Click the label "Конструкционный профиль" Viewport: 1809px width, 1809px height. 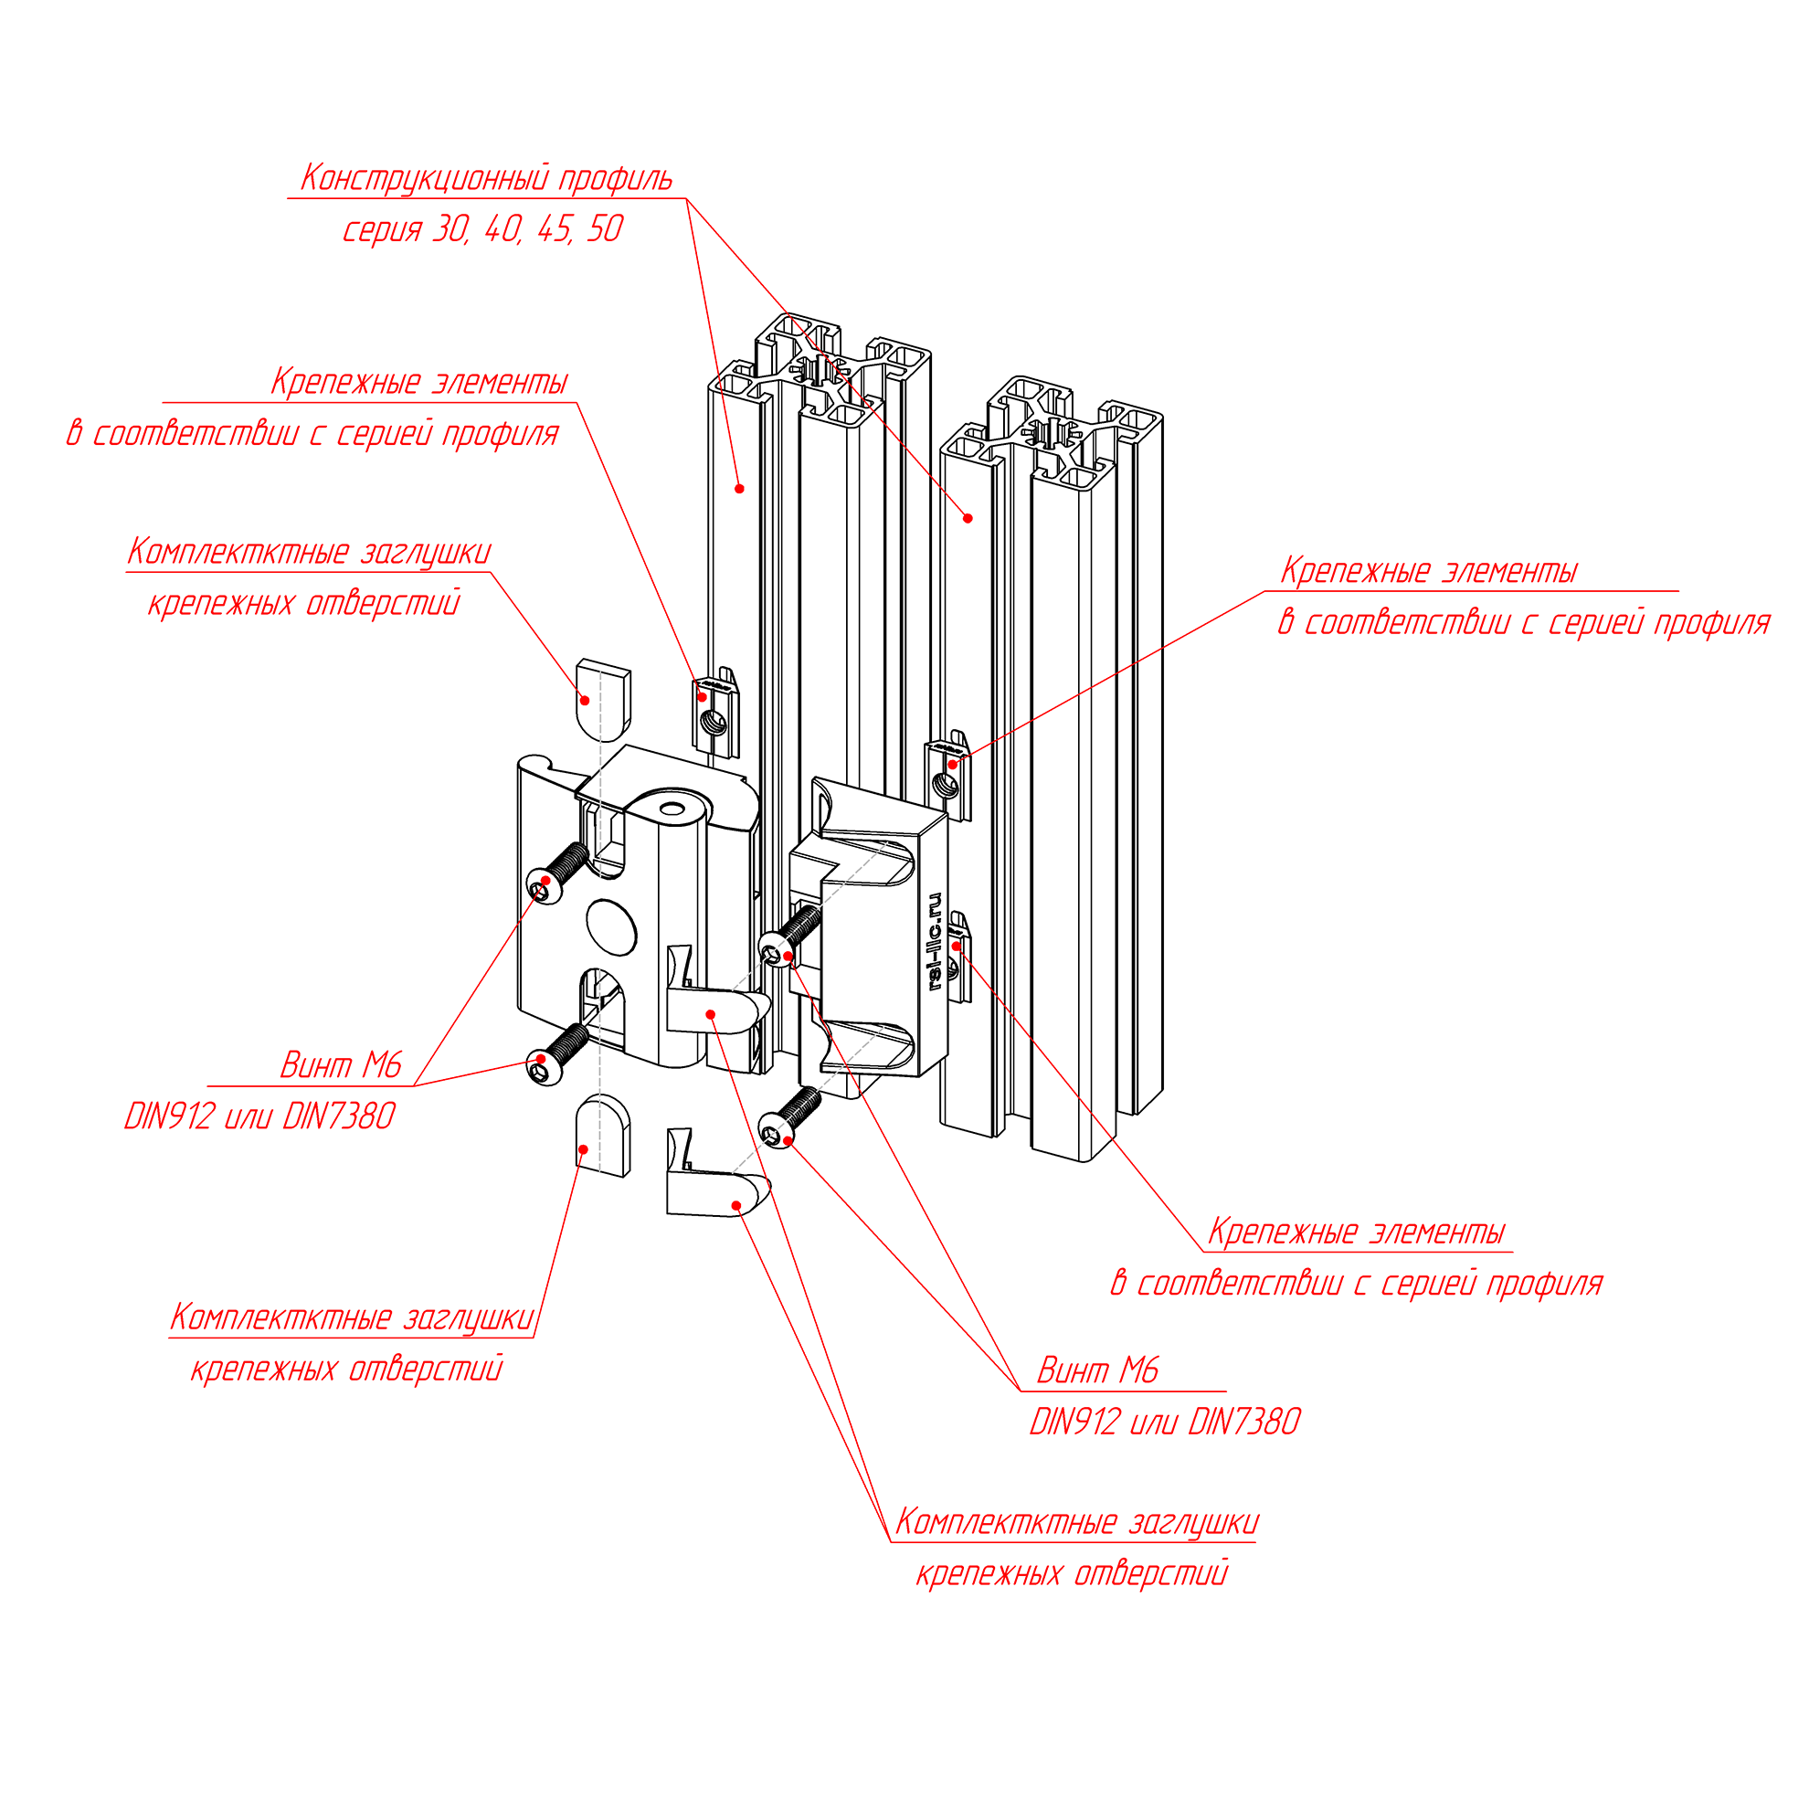coord(485,178)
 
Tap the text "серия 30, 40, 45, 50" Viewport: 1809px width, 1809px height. coord(481,229)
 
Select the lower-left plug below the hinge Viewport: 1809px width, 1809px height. coord(602,1135)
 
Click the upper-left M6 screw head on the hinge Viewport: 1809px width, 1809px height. coord(544,883)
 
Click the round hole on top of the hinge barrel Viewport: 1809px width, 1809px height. coord(672,809)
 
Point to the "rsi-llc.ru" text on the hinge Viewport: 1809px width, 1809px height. coord(934,941)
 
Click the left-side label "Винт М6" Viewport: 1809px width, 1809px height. coord(341,1065)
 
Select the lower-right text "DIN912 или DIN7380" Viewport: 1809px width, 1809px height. coord(1164,1423)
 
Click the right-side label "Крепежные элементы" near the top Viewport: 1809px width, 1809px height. coord(1428,571)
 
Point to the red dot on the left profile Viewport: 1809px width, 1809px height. coord(739,489)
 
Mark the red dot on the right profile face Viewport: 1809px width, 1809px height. coord(968,518)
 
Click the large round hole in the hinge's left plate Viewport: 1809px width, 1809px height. coord(611,927)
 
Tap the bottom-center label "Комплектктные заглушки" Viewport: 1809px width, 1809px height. coord(1076,1521)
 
